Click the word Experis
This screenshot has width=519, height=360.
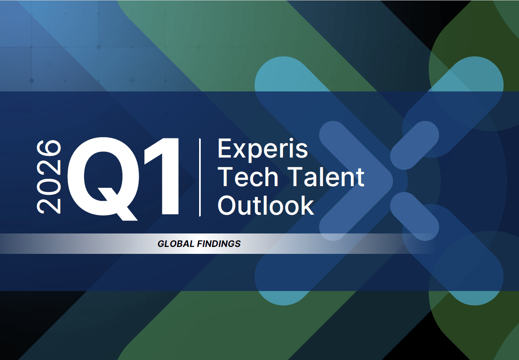pyautogui.click(x=262, y=149)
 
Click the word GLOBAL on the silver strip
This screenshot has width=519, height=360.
pyautogui.click(x=175, y=244)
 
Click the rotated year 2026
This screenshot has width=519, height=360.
pyautogui.click(x=49, y=177)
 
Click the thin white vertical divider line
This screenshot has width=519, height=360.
pyautogui.click(x=200, y=177)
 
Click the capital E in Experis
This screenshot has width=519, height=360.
pyautogui.click(x=225, y=149)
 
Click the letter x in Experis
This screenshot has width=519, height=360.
pyautogui.click(x=242, y=151)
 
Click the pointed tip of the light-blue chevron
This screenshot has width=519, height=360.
pyautogui.click(x=390, y=180)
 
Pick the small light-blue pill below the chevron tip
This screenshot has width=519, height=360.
pyautogui.click(x=415, y=215)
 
